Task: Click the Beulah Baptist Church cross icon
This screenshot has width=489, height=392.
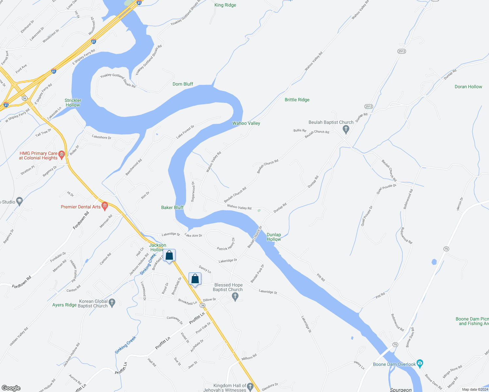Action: pyautogui.click(x=346, y=129)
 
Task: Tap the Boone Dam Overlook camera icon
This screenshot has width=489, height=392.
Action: pyautogui.click(x=420, y=363)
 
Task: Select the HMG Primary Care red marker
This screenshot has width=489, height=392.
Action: pyautogui.click(x=61, y=154)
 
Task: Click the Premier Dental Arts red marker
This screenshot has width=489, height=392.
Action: pyautogui.click(x=105, y=206)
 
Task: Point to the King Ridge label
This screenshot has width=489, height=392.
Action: pyautogui.click(x=225, y=5)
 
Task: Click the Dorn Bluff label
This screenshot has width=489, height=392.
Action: pyautogui.click(x=183, y=84)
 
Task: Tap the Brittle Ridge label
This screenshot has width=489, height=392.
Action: pyautogui.click(x=297, y=100)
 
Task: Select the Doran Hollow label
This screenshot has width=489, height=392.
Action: pyautogui.click(x=468, y=87)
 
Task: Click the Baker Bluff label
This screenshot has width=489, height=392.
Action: pyautogui.click(x=172, y=208)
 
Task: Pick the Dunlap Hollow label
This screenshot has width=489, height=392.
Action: pyautogui.click(x=274, y=237)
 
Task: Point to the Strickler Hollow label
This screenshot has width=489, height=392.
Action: pyautogui.click(x=73, y=103)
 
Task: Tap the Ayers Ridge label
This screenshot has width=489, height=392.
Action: pyautogui.click(x=64, y=305)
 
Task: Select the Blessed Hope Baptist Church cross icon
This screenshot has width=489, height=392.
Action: pyautogui.click(x=235, y=296)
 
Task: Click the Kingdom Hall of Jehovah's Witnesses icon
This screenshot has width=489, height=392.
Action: pyautogui.click(x=250, y=387)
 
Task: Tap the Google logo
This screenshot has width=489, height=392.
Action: pyautogui.click(x=11, y=388)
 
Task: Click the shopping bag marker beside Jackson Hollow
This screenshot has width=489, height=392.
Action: pyautogui.click(x=169, y=255)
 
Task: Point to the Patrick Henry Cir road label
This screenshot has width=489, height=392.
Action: pyautogui.click(x=226, y=245)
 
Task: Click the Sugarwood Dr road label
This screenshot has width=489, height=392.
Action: pyautogui.click(x=193, y=192)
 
